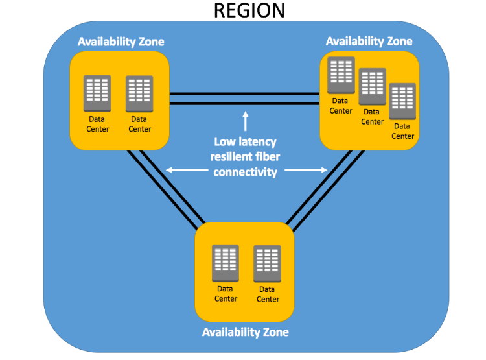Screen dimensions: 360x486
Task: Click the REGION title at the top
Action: (x=249, y=10)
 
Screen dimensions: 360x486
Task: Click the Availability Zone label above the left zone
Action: (x=121, y=42)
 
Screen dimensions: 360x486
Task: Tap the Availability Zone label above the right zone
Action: (x=369, y=42)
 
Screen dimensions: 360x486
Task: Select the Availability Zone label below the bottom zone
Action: (x=245, y=332)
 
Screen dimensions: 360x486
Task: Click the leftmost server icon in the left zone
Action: (x=97, y=93)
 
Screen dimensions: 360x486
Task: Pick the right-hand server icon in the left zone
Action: (x=139, y=93)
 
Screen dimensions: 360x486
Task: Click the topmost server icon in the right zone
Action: (x=340, y=75)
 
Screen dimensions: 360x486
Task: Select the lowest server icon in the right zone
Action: (x=402, y=100)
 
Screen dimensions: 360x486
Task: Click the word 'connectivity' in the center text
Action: (x=245, y=172)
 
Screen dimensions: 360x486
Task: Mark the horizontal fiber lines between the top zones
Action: (x=244, y=97)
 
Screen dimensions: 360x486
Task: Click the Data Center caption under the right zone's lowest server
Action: (x=402, y=131)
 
